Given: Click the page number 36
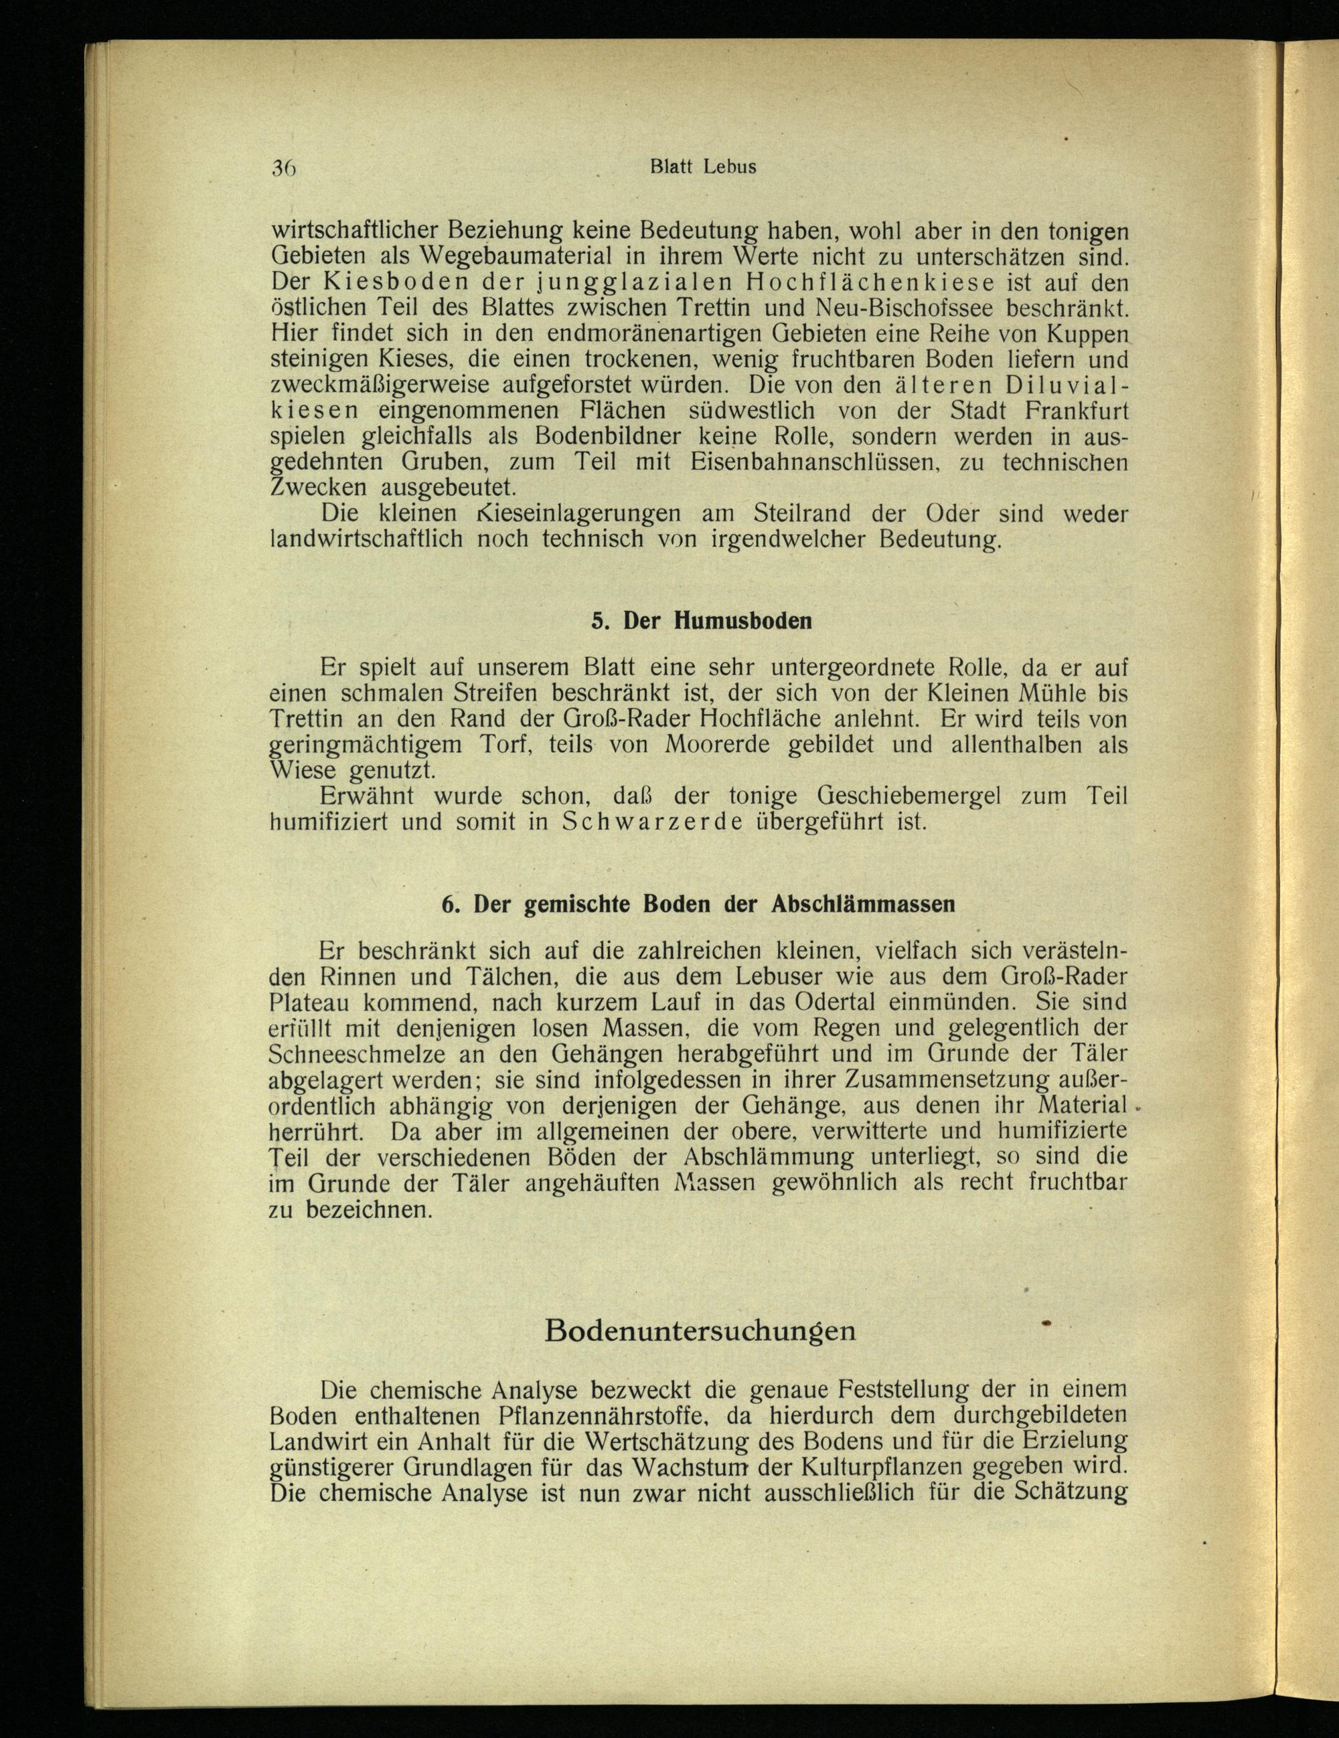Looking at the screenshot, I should [x=283, y=168].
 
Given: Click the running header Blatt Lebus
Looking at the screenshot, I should [x=702, y=167].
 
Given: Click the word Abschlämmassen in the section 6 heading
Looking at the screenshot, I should [x=863, y=905].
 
